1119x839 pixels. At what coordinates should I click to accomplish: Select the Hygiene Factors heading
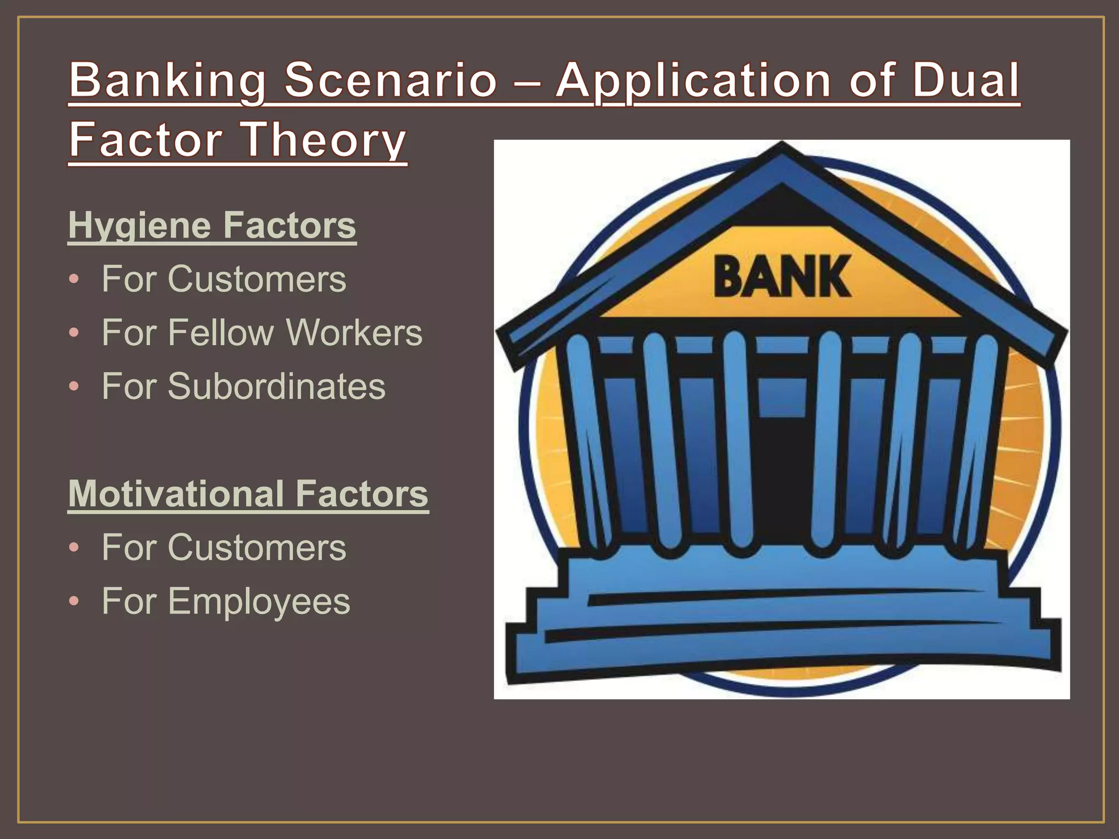[x=212, y=225]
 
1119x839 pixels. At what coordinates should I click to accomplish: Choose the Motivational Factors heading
[x=248, y=493]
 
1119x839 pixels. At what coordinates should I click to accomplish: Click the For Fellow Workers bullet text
[x=262, y=332]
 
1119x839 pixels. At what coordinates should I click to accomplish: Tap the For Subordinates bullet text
[x=243, y=386]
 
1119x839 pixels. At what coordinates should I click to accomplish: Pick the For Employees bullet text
[x=226, y=601]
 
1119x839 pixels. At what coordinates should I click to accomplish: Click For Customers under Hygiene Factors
[x=223, y=279]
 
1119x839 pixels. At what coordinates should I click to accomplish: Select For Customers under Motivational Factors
[x=223, y=547]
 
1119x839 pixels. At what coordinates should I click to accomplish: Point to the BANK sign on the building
[x=782, y=277]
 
